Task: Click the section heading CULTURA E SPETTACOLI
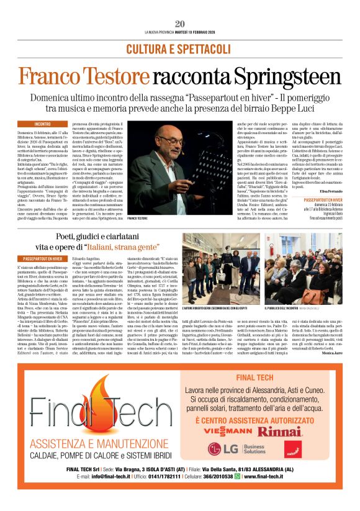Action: [180, 48]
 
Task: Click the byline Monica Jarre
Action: [328, 352]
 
